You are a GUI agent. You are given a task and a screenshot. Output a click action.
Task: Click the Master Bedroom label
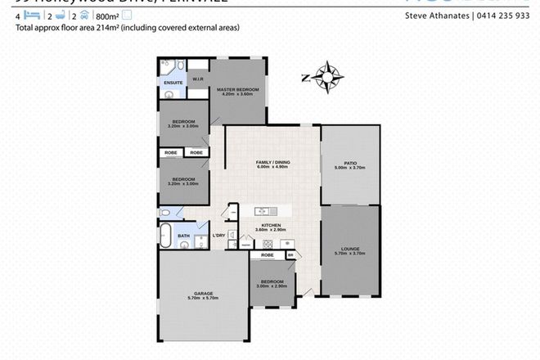coord(237,88)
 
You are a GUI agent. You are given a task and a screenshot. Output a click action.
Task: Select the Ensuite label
coord(173,83)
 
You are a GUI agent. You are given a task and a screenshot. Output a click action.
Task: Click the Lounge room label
coord(349,248)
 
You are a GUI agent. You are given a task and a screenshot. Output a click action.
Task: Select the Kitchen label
coord(271,225)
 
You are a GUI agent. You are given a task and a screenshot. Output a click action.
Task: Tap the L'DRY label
coord(218,236)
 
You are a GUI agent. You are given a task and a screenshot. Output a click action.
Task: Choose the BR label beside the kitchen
coord(290,255)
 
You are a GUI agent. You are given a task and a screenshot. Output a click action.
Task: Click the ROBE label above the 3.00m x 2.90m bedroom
coord(268,255)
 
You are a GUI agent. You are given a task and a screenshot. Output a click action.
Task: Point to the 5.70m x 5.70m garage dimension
coord(203,299)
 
